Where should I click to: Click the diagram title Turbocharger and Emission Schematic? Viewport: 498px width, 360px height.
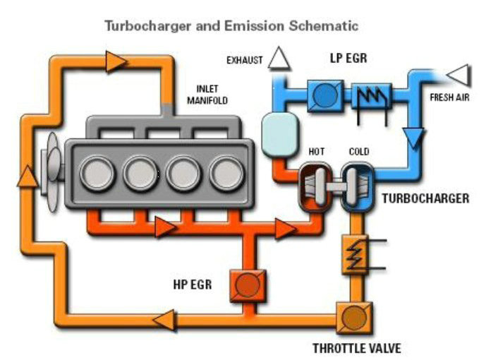pyautogui.click(x=231, y=26)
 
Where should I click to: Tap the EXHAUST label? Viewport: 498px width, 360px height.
pyautogui.click(x=244, y=60)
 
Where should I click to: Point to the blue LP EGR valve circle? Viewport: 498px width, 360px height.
pyautogui.click(x=324, y=95)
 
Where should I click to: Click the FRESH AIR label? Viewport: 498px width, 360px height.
pyautogui.click(x=449, y=97)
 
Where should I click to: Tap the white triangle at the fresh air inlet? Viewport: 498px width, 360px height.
pyautogui.click(x=459, y=73)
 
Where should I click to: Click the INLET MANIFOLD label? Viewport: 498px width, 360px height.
pyautogui.click(x=207, y=95)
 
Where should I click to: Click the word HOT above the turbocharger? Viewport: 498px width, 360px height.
pyautogui.click(x=317, y=152)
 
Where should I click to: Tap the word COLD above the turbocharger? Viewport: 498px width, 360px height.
pyautogui.click(x=358, y=152)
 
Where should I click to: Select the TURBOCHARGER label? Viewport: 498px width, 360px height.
pyautogui.click(x=425, y=199)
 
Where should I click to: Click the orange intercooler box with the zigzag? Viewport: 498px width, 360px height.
pyautogui.click(x=354, y=255)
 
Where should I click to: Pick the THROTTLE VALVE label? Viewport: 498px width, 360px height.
pyautogui.click(x=357, y=348)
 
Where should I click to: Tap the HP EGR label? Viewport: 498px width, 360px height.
pyautogui.click(x=193, y=285)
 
